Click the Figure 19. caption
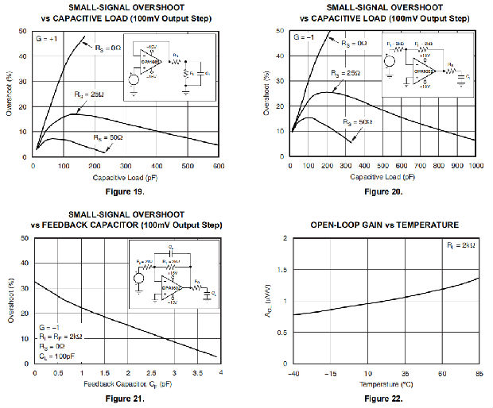click(x=123, y=191)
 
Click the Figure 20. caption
click(x=383, y=191)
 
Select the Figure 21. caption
click(x=123, y=398)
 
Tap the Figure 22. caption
click(x=383, y=398)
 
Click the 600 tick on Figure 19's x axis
click(x=218, y=167)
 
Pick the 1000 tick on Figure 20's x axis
click(x=475, y=167)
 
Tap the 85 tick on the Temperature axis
click(x=479, y=373)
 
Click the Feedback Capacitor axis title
click(x=125, y=384)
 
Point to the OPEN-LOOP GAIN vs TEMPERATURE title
click(x=384, y=225)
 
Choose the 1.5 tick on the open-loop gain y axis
click(x=281, y=270)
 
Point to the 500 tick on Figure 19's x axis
click(x=187, y=167)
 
